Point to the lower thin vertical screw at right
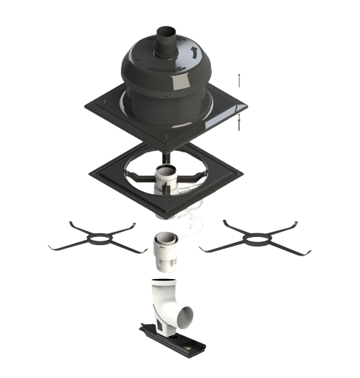click(x=238, y=124)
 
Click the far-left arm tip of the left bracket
click(x=49, y=245)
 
